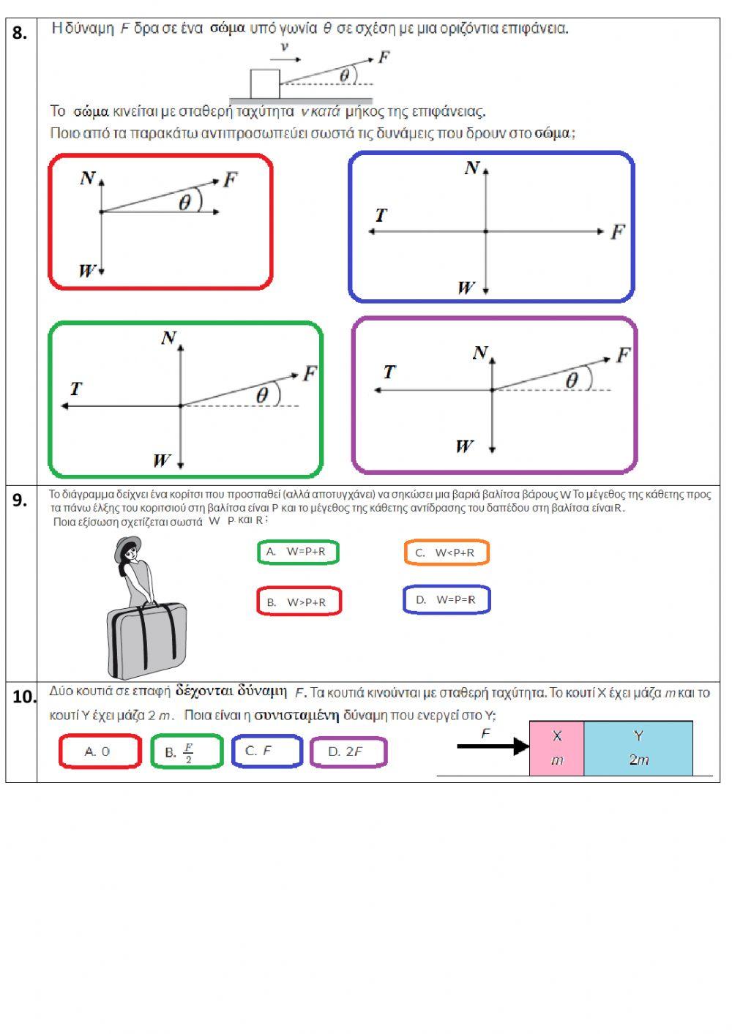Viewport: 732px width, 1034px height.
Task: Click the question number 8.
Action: pos(20,33)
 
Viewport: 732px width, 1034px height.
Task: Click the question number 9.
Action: pos(20,501)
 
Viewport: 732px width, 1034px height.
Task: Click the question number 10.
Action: pos(23,697)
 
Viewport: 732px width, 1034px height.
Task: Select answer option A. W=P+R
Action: pos(298,552)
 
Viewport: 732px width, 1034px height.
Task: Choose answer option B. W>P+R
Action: pos(299,602)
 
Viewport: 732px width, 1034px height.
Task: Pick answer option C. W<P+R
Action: pos(446,552)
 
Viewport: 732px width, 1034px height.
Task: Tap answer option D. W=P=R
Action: pos(446,600)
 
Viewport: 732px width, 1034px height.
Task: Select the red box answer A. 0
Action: pos(99,752)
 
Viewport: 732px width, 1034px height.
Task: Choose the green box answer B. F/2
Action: pos(186,752)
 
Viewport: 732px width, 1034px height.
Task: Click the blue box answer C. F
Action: pos(266,752)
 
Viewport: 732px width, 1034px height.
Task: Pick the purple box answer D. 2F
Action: pos(348,752)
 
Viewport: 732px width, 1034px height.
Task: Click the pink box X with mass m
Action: pos(556,748)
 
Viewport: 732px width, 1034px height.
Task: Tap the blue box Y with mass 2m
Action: pos(638,748)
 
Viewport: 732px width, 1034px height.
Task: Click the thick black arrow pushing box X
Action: pos(492,746)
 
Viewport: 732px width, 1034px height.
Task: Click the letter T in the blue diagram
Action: pos(381,216)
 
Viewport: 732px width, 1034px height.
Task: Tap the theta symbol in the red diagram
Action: pos(185,203)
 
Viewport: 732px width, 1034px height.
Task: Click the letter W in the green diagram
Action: pos(161,460)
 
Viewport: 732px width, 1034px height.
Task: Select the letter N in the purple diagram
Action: pos(479,353)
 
